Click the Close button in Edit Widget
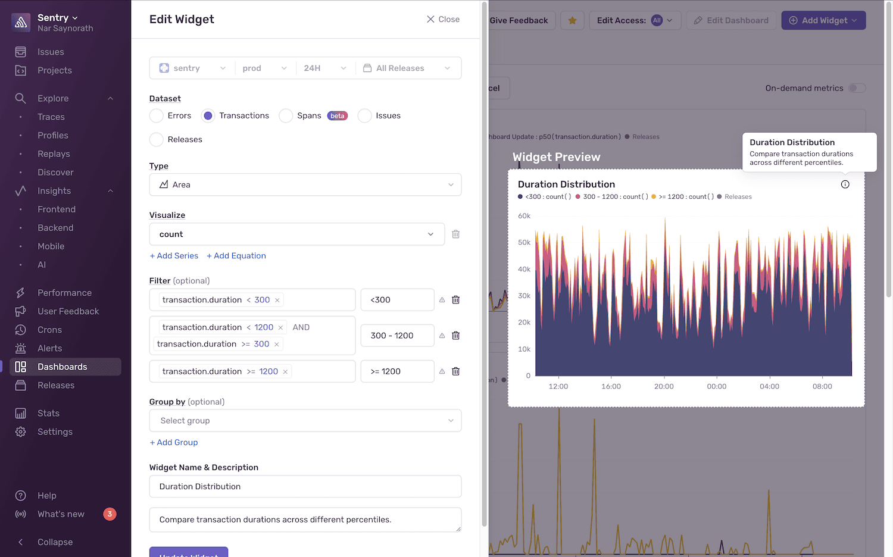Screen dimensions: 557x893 point(443,19)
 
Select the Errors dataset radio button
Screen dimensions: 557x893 point(157,115)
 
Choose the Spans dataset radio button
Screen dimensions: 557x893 point(286,115)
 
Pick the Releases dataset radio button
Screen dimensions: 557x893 point(157,139)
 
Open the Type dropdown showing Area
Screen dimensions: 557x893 point(305,184)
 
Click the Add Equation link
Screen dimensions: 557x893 point(236,256)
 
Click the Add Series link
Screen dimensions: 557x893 point(174,256)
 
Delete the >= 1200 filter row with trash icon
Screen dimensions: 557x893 point(455,371)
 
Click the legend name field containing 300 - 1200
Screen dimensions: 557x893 point(397,336)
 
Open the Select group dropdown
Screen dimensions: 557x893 point(305,421)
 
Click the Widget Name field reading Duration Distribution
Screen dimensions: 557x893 point(305,486)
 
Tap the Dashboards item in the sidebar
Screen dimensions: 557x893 point(62,367)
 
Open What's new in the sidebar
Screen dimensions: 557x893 point(61,514)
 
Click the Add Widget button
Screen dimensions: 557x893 point(823,20)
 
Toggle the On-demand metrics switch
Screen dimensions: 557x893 point(857,88)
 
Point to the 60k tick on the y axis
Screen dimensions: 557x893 point(524,216)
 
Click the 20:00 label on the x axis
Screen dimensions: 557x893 point(664,386)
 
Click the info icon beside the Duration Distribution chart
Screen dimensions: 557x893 point(845,184)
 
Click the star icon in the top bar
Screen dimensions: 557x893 point(572,20)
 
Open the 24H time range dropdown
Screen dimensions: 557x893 point(324,68)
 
